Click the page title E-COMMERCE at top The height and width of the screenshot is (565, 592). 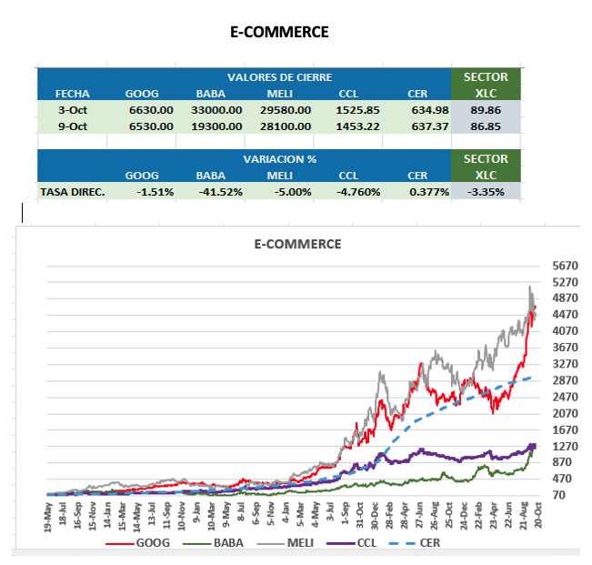click(x=279, y=33)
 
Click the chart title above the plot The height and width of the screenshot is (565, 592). click(x=297, y=244)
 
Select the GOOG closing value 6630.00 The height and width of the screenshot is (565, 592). click(x=151, y=110)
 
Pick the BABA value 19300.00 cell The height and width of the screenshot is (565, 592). click(x=219, y=126)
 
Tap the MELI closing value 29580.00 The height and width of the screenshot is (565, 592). click(x=286, y=110)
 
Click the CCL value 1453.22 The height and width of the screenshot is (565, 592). click(x=358, y=126)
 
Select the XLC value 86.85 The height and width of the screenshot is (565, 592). click(x=486, y=126)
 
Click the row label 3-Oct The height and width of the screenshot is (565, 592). click(x=72, y=110)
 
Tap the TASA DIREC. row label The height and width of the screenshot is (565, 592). click(x=73, y=192)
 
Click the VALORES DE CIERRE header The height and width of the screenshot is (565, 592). click(x=279, y=77)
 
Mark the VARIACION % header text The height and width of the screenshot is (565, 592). click(x=279, y=158)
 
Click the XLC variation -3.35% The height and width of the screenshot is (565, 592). click(x=486, y=192)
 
